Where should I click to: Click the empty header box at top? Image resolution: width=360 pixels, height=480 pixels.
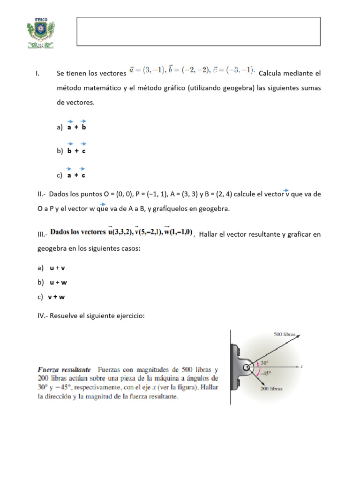click(198, 31)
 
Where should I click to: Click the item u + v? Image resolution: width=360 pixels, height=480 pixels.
click(57, 268)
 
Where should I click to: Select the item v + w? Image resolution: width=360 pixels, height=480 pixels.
click(56, 297)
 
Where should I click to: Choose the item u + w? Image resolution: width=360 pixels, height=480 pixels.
click(58, 283)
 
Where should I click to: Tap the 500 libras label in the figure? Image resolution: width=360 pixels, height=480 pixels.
click(285, 334)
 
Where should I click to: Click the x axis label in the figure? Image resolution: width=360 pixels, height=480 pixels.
click(302, 367)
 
